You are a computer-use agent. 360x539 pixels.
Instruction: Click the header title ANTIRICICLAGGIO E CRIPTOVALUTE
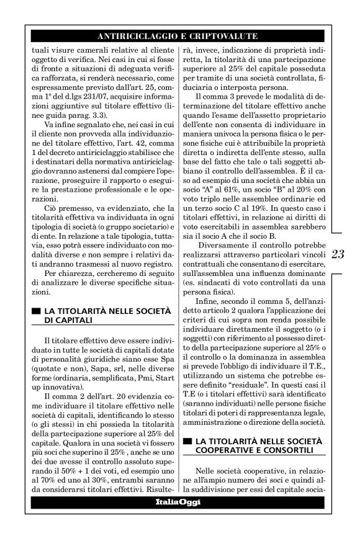(179, 36)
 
